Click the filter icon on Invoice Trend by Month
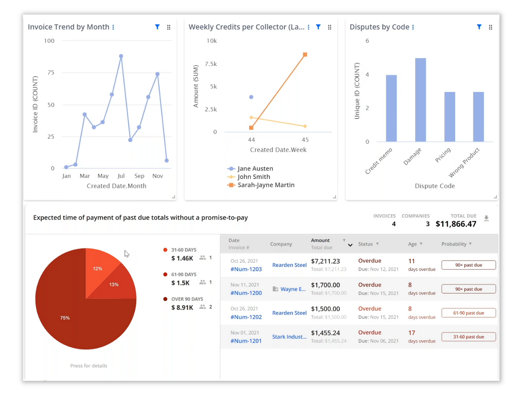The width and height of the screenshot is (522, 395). point(157,27)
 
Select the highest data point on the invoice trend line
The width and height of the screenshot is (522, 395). point(121,56)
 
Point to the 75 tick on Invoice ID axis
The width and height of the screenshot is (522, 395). point(51,72)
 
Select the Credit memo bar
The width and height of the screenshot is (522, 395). point(391,108)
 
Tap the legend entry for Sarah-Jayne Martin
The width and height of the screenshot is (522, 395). point(266,185)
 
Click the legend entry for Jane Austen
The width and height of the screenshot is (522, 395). point(255,168)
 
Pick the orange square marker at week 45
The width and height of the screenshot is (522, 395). point(305,55)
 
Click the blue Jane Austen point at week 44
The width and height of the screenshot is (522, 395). point(251,97)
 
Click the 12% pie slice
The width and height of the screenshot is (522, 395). point(99,267)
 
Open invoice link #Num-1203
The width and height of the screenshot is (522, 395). point(246,269)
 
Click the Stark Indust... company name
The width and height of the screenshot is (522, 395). point(289,337)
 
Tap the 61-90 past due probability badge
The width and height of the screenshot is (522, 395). point(468,313)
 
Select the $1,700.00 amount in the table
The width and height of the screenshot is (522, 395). point(325,285)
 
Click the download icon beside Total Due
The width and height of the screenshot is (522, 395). point(486,218)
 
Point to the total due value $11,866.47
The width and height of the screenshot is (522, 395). point(456,224)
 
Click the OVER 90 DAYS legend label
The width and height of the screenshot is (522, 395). point(187,299)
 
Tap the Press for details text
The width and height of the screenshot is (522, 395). point(89,366)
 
